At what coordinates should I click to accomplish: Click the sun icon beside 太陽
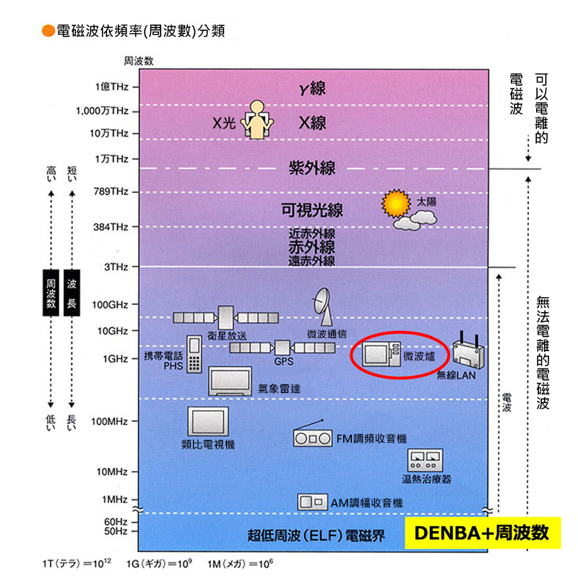[x=396, y=203]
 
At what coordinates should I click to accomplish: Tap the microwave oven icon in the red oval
[x=381, y=354]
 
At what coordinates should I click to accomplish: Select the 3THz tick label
[x=116, y=267]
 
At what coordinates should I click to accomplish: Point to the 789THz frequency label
[x=111, y=191]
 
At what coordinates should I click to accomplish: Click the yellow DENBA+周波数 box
[x=483, y=532]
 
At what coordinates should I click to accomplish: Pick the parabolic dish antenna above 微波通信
[x=323, y=306]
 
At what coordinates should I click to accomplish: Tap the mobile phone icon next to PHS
[x=194, y=354]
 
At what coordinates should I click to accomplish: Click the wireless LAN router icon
[x=468, y=350]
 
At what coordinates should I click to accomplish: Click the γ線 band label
[x=312, y=88]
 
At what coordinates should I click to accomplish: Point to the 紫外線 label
[x=312, y=168]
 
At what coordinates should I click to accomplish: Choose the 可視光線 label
[x=312, y=210]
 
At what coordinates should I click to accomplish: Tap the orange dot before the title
[x=48, y=31]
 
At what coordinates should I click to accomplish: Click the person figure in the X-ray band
[x=257, y=120]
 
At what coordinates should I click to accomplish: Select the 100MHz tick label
[x=110, y=421]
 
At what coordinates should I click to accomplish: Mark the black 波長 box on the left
[x=72, y=293]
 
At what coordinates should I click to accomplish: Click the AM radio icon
[x=313, y=502]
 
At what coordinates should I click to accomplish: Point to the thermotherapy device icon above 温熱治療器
[x=425, y=460]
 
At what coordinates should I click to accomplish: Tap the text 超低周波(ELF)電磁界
[x=316, y=535]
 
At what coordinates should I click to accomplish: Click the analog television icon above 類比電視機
[x=208, y=422]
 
